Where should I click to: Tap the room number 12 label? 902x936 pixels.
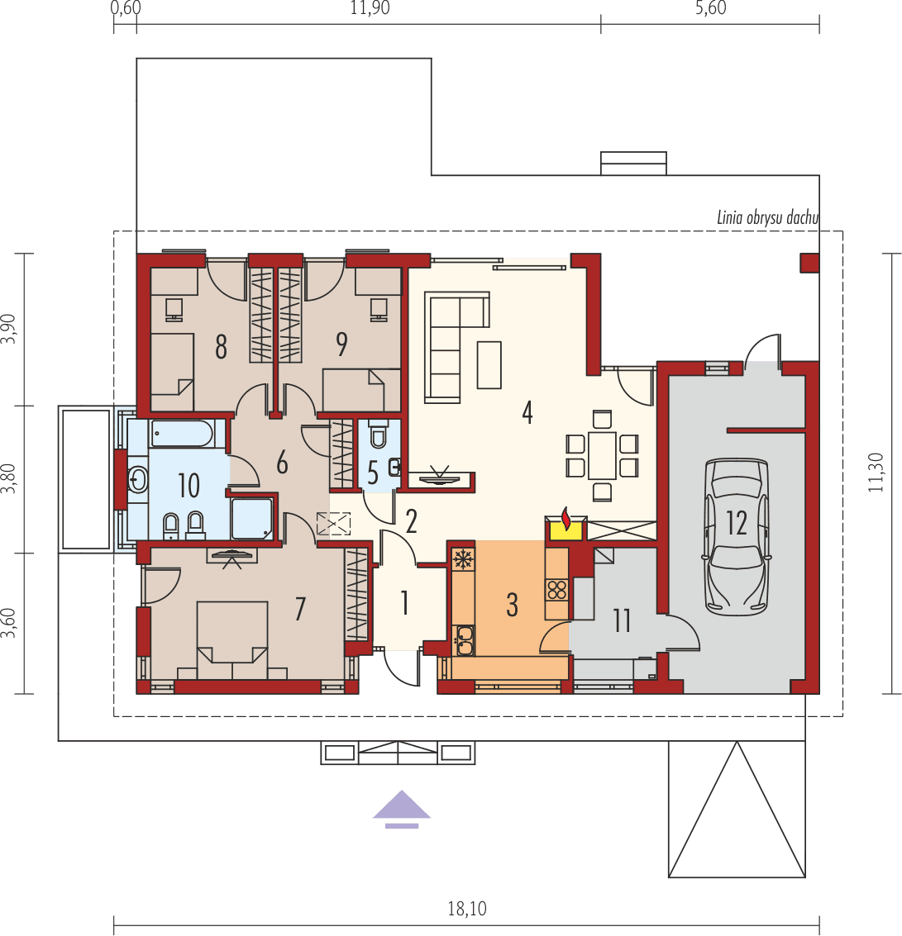(736, 523)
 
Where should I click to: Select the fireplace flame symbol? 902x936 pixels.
(566, 520)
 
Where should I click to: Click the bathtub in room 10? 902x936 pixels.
(182, 433)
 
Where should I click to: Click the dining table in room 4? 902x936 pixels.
(602, 454)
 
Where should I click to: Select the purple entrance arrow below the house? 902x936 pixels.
(402, 807)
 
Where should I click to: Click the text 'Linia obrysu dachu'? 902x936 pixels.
(766, 218)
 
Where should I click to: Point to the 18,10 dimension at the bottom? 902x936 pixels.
(467, 910)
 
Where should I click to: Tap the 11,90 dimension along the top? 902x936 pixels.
(370, 9)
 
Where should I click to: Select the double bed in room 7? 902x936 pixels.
(232, 632)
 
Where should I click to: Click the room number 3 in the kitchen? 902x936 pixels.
(512, 604)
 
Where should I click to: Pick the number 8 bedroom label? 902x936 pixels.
(221, 346)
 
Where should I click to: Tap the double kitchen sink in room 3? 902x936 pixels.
(464, 637)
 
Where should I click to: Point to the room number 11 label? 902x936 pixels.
(622, 620)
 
